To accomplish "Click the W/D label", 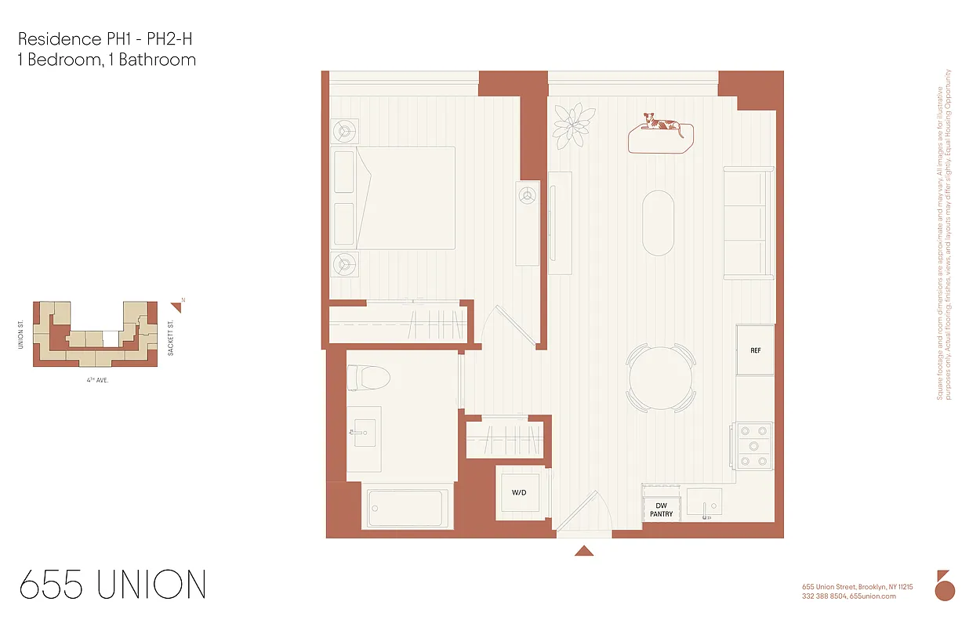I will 519,493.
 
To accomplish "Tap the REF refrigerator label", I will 755,350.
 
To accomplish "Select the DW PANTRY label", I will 661,509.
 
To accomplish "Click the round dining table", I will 660,378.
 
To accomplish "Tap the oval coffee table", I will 658,223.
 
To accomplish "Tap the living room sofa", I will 748,223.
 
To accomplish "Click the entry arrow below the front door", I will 583,551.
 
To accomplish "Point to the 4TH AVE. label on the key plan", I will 97,379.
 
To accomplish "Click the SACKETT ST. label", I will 170,337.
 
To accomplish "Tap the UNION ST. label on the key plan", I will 21,334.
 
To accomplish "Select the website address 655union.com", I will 872,596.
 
